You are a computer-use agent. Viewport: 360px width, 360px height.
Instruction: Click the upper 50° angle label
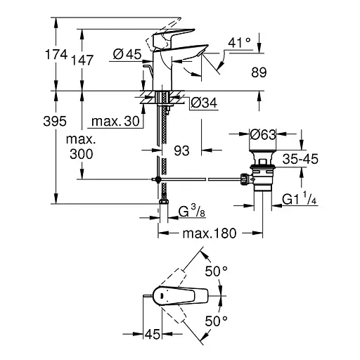[x=216, y=271]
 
